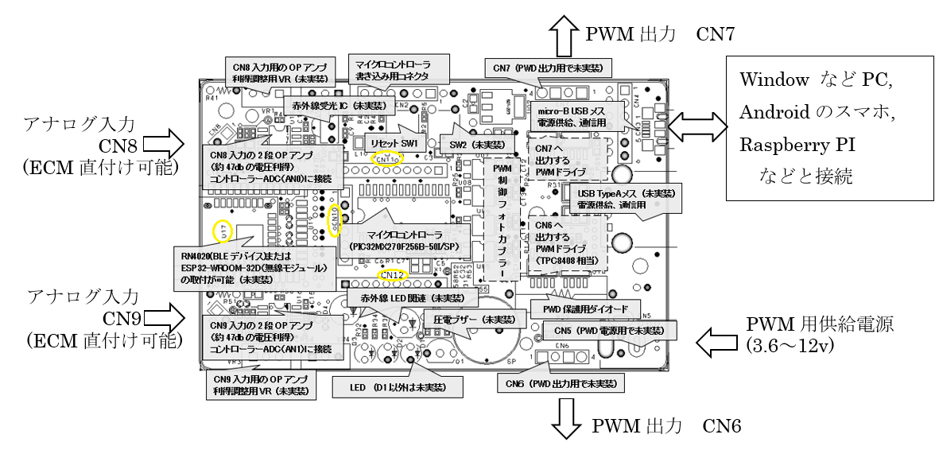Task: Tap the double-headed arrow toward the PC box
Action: [x=698, y=124]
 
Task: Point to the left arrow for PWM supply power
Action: [x=718, y=342]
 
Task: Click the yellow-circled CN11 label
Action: [x=388, y=158]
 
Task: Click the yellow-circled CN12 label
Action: [x=393, y=276]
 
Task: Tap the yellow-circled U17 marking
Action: [x=224, y=232]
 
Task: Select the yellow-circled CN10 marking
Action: [x=336, y=220]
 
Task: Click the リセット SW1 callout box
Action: [x=389, y=141]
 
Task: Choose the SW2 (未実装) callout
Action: [x=471, y=145]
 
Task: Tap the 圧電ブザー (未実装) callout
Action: [x=468, y=319]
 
